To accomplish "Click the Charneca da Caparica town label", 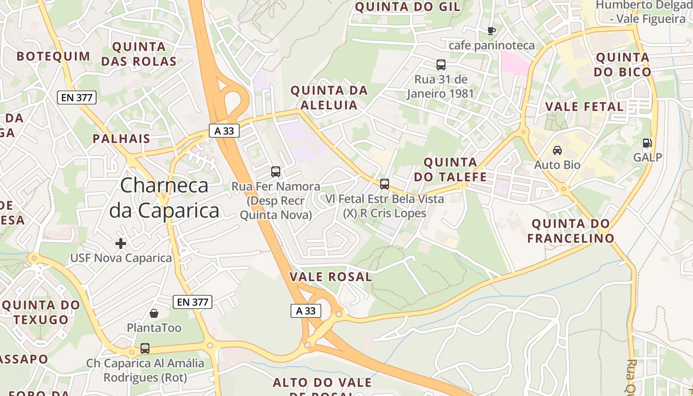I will [164, 198].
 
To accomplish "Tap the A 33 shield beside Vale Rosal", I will [305, 311].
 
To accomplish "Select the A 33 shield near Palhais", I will [224, 131].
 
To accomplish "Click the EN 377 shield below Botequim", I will [77, 98].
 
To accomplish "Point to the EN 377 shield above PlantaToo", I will [193, 302].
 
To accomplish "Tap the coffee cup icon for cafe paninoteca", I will [491, 31].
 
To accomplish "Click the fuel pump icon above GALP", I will [647, 144].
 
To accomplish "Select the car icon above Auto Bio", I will [557, 150].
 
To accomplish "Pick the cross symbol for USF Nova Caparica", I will [121, 243].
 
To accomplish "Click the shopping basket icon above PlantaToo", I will [154, 313].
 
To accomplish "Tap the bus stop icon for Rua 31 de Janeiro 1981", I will [441, 65].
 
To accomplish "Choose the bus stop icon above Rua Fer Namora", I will [276, 172].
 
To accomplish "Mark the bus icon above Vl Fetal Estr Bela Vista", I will [385, 184].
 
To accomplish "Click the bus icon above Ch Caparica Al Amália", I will [145, 348].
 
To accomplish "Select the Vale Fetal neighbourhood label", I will [584, 106].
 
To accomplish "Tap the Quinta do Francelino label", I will [570, 231].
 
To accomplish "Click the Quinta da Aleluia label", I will [329, 98].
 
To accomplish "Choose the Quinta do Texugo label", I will [41, 312].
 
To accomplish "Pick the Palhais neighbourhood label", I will [121, 139].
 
